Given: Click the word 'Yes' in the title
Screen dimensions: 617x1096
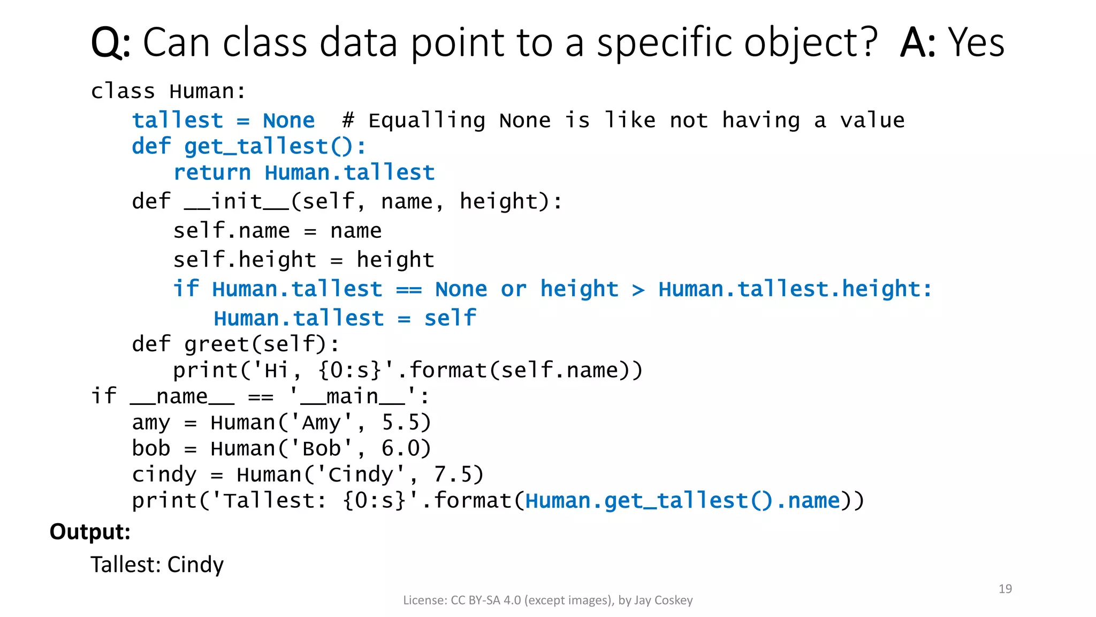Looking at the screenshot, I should tap(976, 43).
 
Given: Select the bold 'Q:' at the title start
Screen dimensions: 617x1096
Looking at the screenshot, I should tap(110, 43).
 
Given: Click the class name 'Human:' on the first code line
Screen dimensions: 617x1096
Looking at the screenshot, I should tap(208, 92).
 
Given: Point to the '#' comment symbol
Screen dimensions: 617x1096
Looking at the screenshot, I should tap(348, 121).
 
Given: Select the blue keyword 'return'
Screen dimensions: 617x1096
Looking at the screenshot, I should tap(212, 173).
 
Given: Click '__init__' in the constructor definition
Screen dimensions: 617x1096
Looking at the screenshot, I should tap(237, 202).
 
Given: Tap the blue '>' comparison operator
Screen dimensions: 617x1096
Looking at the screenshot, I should tap(638, 290).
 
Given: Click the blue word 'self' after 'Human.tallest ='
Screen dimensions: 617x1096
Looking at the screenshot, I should tap(450, 318).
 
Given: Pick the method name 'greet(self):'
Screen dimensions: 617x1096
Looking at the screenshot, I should tap(262, 344).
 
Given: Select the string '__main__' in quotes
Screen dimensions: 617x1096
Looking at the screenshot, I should tap(353, 397).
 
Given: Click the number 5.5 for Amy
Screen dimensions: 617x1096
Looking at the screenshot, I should tap(406, 423).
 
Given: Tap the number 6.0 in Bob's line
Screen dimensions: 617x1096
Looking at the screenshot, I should tap(406, 449).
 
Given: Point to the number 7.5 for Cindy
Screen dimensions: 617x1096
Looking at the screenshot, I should tap(459, 475).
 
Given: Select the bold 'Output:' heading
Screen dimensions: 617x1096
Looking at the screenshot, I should tap(90, 532).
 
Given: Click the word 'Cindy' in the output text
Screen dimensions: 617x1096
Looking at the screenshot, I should tap(195, 565).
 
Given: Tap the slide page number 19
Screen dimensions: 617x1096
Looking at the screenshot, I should tap(1005, 589).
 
